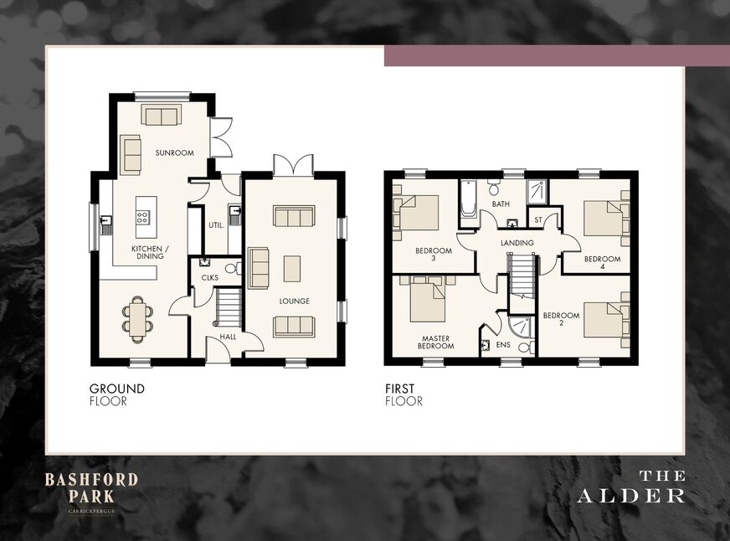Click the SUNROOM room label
174,153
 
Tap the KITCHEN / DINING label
147,252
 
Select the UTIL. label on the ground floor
215,225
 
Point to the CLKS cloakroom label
209,277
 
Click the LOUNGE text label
294,301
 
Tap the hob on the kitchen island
142,217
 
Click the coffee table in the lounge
292,268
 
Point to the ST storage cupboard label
538,220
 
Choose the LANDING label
517,243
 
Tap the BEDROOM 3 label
434,255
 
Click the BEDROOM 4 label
603,263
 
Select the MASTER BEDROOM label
435,341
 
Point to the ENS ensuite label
504,344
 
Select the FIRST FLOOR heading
404,394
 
